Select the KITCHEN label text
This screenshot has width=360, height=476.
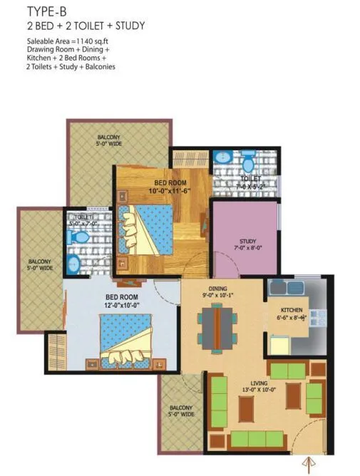[292, 311]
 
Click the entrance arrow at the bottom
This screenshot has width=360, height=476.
[309, 464]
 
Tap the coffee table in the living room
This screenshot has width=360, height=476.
[247, 408]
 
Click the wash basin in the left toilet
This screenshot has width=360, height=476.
[73, 265]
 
